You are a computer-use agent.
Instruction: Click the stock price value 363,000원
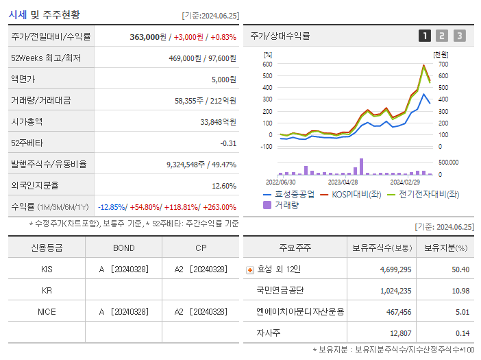pos(147,36)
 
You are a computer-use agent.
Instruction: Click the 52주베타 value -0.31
pos(227,143)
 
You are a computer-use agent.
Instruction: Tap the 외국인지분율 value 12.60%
pos(224,185)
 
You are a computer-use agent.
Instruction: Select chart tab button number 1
pos(425,36)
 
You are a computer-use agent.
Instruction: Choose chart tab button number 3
pos(459,36)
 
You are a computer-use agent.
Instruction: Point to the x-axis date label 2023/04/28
pos(343,182)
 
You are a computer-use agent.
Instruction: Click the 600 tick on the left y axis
pos(267,64)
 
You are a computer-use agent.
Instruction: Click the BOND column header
pos(123,248)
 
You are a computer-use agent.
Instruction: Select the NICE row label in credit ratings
pos(47,311)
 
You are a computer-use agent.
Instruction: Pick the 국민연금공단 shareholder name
pos(280,290)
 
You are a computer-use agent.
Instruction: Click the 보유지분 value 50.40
pos(460,269)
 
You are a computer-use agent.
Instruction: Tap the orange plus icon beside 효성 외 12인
pos(249,269)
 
